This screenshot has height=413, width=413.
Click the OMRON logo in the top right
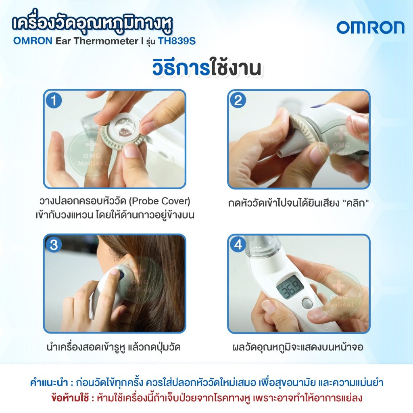(x=370, y=27)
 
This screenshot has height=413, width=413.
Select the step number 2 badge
(x=238, y=100)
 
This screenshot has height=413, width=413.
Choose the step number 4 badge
(x=238, y=245)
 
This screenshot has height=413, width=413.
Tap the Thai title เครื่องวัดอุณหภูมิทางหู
(x=92, y=25)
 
